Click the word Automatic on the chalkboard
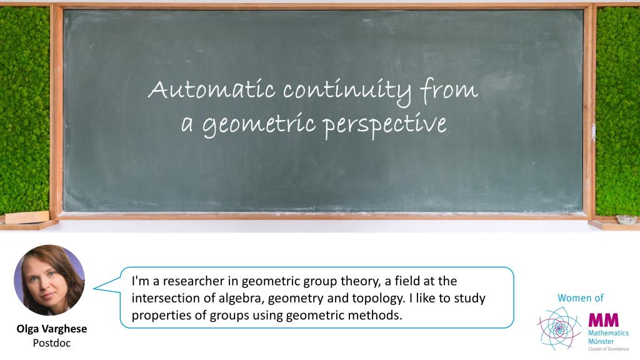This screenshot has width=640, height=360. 211,89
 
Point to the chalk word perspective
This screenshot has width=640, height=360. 385,125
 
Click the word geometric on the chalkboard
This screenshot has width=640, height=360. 259,125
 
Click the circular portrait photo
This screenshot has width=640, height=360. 49,280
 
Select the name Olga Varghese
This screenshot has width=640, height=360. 52,329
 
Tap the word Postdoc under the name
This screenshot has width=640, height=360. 52,343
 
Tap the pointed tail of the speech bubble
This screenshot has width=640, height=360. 94,288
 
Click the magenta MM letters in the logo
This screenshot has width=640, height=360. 603,320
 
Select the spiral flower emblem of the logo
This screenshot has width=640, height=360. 559,329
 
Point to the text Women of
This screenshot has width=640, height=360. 581,298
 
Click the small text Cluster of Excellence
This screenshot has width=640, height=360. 608,349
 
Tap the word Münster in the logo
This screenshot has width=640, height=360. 601,341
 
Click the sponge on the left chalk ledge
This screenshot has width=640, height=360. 27,217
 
